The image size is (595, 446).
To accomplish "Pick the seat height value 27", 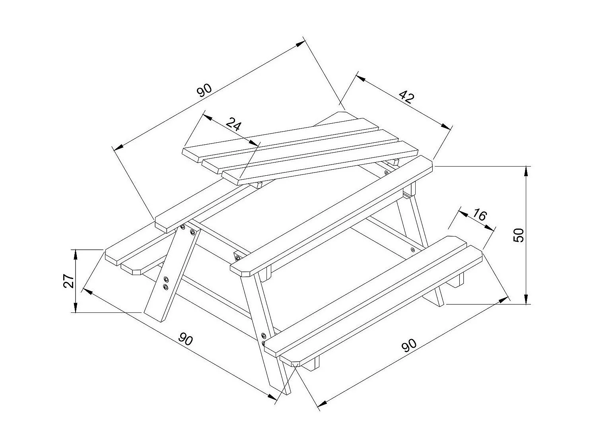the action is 69,281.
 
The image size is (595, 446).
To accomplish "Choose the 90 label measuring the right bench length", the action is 409,345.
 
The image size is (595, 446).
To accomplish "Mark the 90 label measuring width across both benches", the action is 185,339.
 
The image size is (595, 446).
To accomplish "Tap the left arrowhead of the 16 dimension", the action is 463,213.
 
